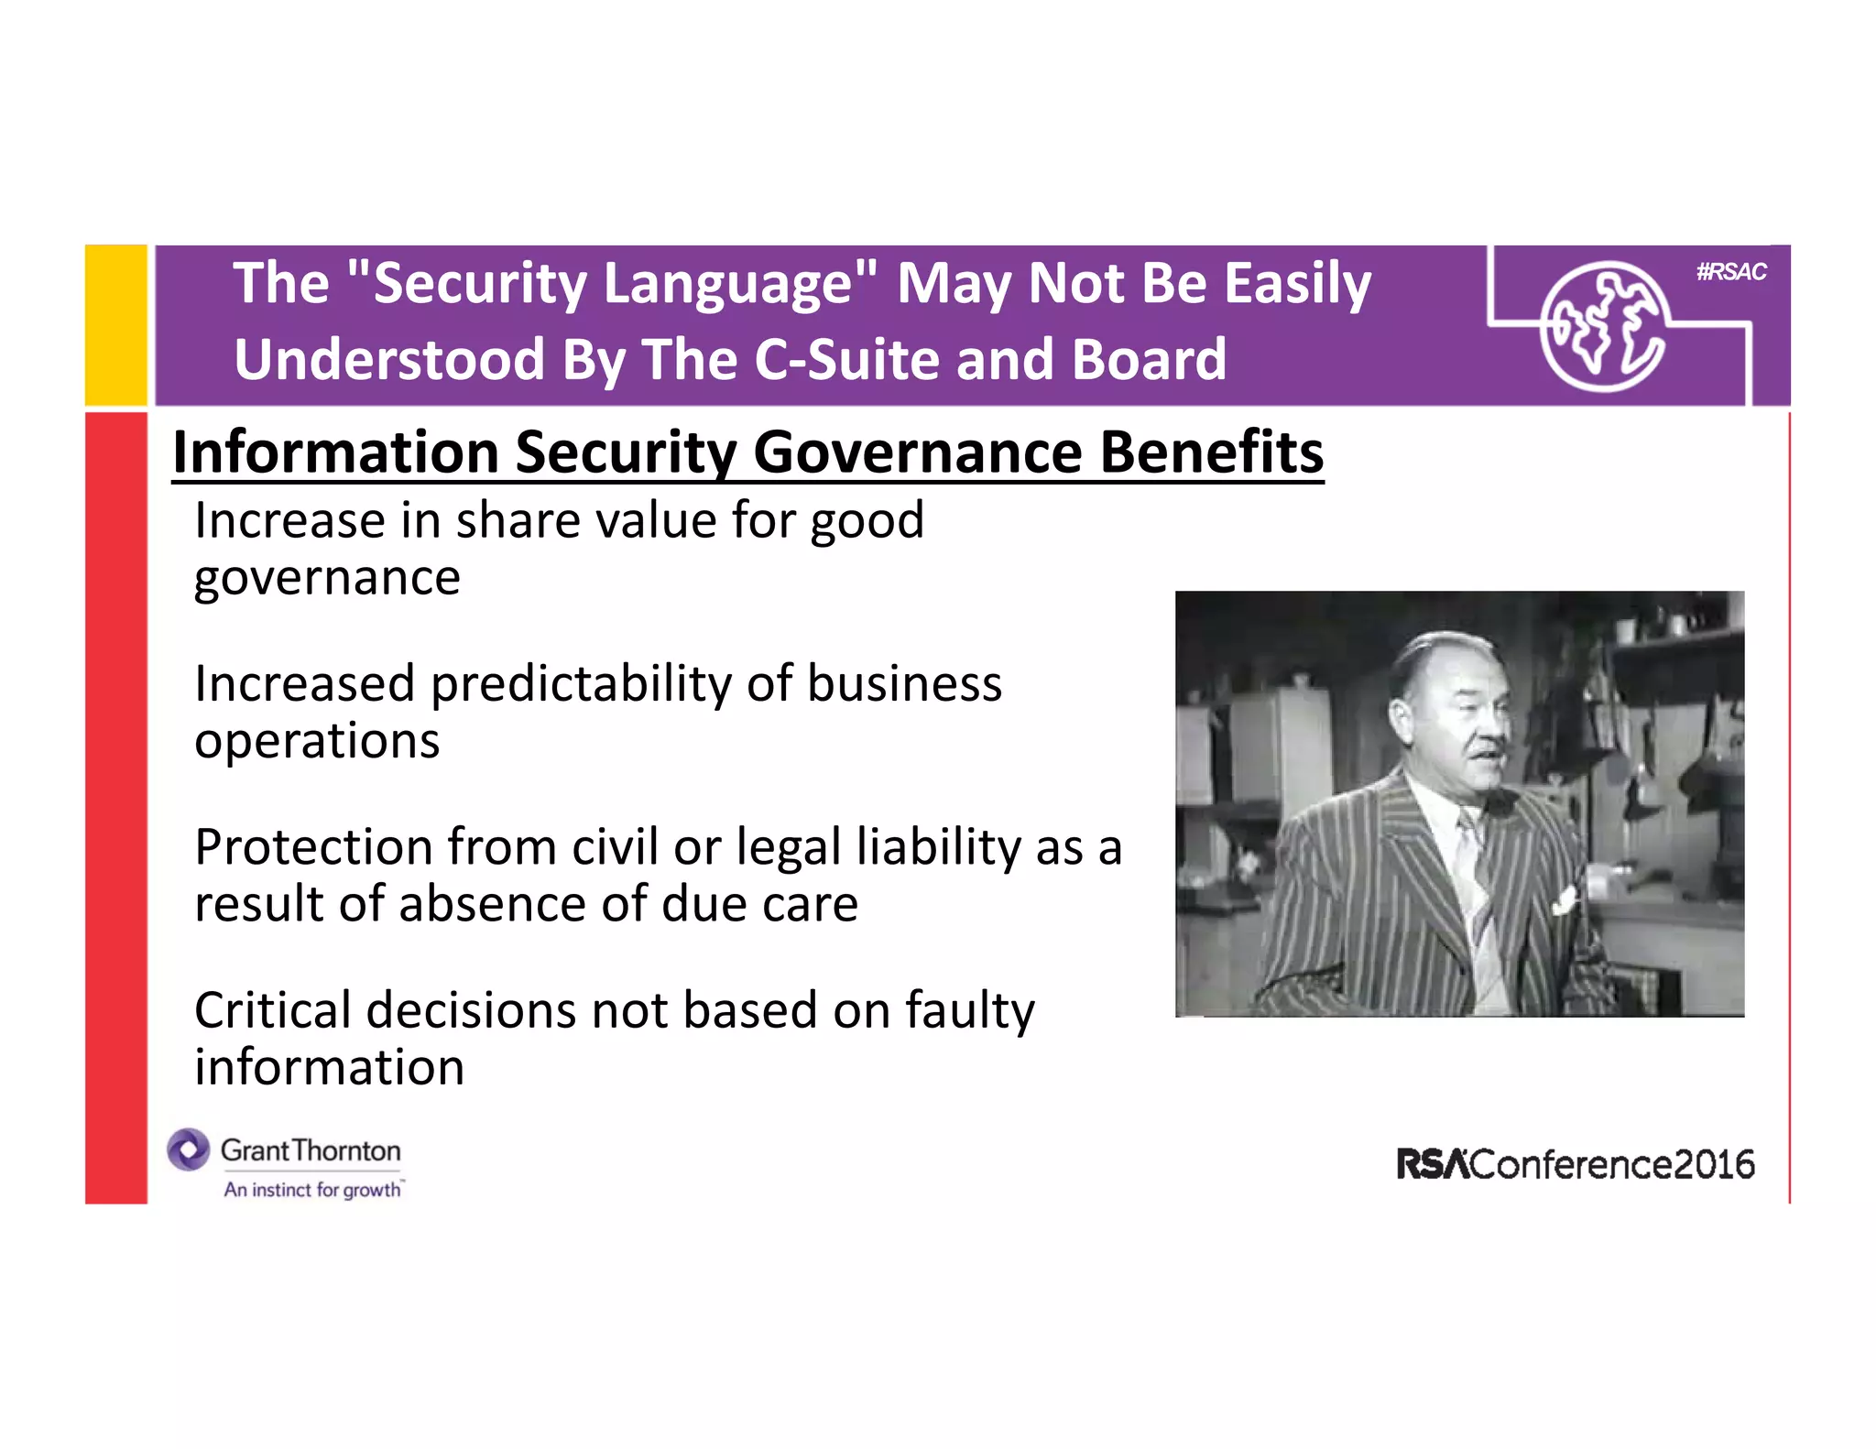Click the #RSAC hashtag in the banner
tap(1730, 272)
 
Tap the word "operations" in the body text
tap(317, 740)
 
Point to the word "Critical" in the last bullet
tap(272, 1010)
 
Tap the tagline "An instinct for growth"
tap(312, 1190)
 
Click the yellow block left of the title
tap(115, 324)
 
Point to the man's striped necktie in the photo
tap(1477, 870)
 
